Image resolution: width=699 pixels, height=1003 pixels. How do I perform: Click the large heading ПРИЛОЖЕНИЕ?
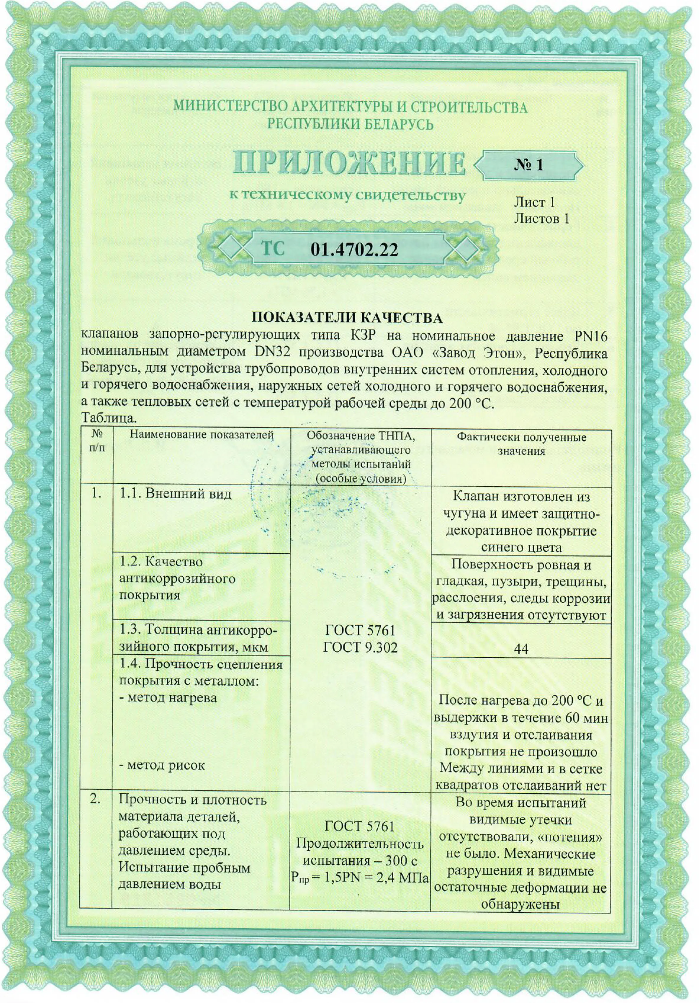(x=349, y=164)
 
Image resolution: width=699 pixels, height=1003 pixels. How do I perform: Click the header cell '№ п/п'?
(x=97, y=441)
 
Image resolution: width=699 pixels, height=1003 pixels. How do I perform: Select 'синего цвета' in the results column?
(x=521, y=547)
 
